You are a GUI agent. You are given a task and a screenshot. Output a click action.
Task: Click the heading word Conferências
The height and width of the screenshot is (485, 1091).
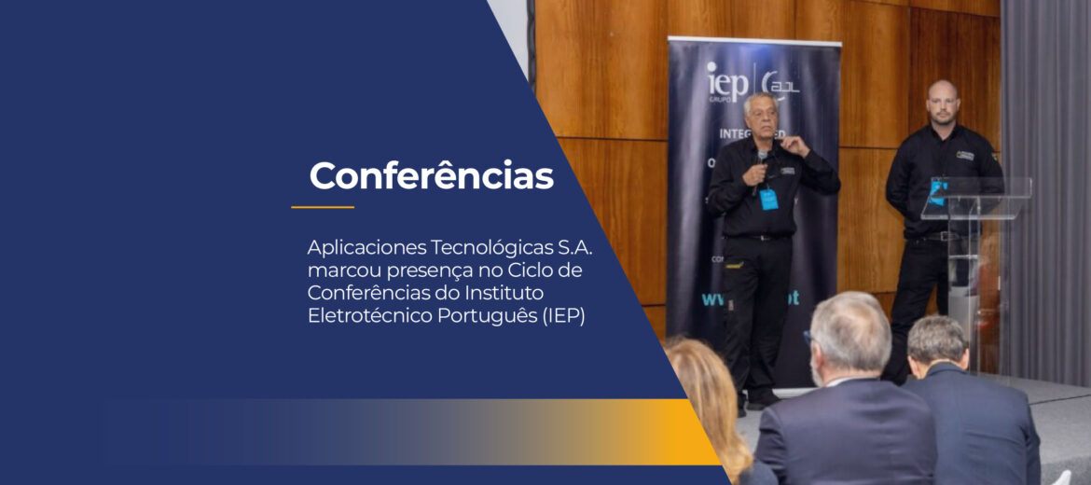(x=431, y=175)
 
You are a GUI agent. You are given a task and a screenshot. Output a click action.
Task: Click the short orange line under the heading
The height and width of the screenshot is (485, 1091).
(x=323, y=207)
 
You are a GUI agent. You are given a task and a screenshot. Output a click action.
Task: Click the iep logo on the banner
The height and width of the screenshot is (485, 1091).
(x=726, y=82)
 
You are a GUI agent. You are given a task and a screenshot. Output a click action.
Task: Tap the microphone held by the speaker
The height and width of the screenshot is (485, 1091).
(x=763, y=161)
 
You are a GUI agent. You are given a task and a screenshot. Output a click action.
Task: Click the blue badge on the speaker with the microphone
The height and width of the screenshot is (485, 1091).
(x=768, y=199)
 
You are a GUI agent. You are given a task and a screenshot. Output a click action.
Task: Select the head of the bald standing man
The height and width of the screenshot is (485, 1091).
(x=942, y=101)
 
